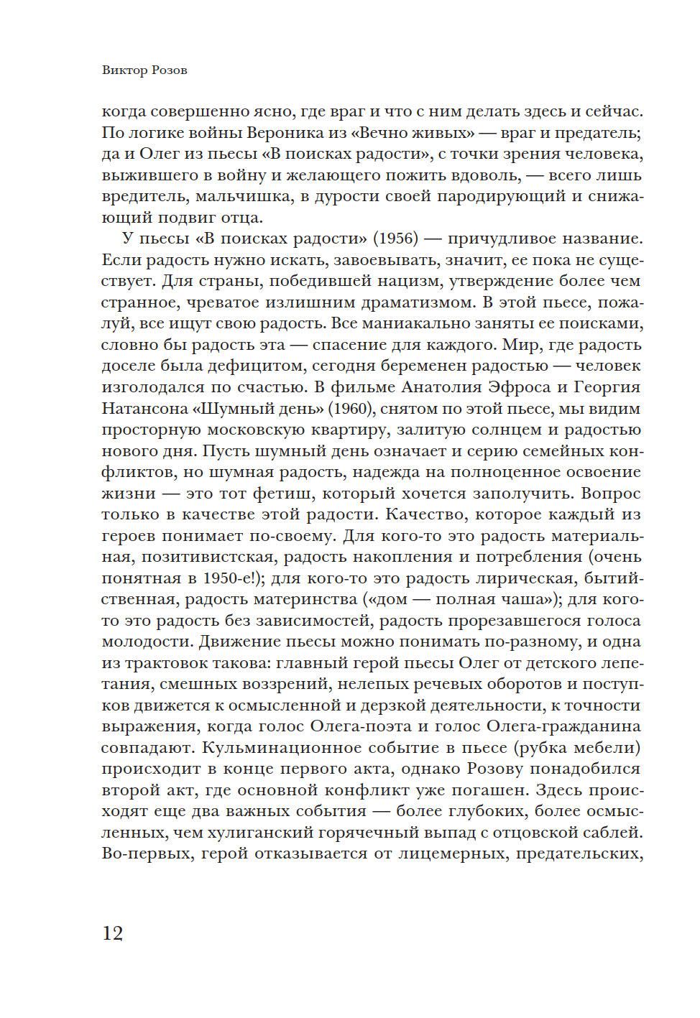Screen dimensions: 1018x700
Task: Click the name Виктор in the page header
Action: pyautogui.click(x=123, y=70)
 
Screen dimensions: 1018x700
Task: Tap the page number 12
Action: pyautogui.click(x=113, y=933)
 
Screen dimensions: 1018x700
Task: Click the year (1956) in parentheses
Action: pyautogui.click(x=395, y=239)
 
